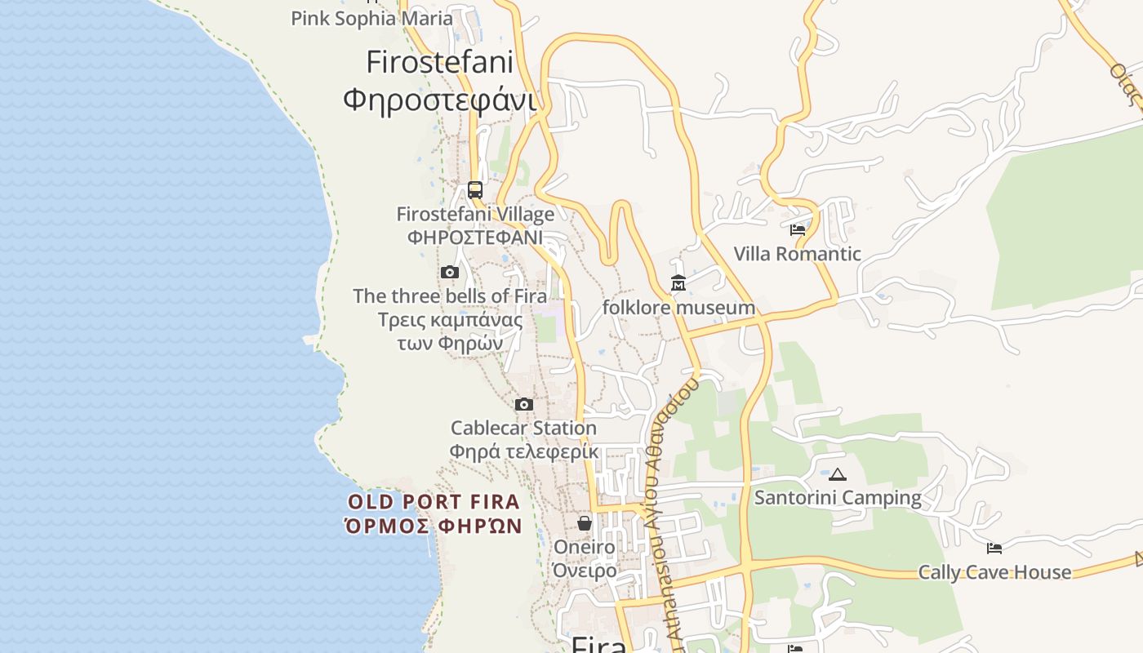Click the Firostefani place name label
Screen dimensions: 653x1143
tap(439, 62)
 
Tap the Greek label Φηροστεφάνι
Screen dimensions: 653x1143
tap(439, 100)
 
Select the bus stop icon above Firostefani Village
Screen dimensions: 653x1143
tap(475, 190)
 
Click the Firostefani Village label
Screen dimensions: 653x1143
tap(475, 215)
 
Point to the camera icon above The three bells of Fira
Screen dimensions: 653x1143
tap(450, 273)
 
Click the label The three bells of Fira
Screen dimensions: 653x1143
tap(450, 296)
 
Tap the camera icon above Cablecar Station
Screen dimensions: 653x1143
tap(524, 404)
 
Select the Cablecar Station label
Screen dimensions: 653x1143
tap(524, 428)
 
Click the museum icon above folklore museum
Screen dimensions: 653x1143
tap(678, 283)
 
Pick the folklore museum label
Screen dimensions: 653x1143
tap(678, 308)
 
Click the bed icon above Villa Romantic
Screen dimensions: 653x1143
tap(798, 230)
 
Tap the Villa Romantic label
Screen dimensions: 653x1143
tap(798, 254)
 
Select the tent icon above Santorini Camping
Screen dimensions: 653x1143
tap(838, 474)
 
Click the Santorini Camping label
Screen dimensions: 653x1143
tap(838, 498)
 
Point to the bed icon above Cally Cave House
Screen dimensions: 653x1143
tap(994, 549)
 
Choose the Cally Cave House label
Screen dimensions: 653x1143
tap(994, 572)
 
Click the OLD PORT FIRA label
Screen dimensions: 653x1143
tap(434, 502)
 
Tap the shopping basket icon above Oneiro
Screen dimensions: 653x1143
tap(585, 523)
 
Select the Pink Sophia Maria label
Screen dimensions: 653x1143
tap(371, 18)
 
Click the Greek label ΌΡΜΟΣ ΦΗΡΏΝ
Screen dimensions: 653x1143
tap(434, 526)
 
